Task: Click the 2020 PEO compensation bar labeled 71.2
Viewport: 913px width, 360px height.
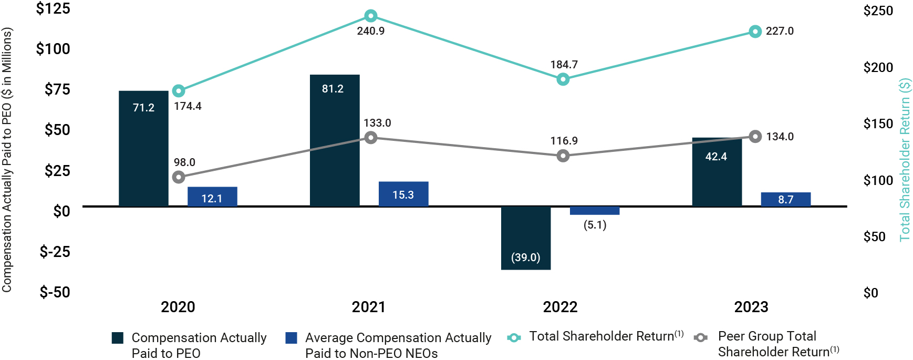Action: tap(143, 148)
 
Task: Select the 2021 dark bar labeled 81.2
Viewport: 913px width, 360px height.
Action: tap(335, 140)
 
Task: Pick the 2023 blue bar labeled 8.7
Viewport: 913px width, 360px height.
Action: tap(785, 199)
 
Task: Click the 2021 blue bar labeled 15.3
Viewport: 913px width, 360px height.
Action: tap(403, 194)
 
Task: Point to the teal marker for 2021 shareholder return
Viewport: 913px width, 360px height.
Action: tap(371, 16)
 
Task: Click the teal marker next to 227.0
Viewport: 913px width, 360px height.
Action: tap(755, 32)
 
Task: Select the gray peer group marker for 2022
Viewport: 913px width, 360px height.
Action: tap(563, 156)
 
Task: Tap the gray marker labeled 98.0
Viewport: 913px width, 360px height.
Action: tap(179, 177)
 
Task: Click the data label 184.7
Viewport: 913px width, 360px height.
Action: tap(564, 65)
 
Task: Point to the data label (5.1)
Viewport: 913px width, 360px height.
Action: tap(595, 225)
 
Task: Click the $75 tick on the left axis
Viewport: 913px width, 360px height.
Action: tap(57, 89)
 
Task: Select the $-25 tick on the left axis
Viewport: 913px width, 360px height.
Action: tap(55, 252)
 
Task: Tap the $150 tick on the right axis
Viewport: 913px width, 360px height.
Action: tap(878, 124)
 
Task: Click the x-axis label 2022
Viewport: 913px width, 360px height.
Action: tap(560, 307)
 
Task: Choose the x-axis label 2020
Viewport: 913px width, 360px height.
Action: tap(178, 307)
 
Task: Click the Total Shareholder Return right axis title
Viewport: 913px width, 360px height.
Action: tap(905, 160)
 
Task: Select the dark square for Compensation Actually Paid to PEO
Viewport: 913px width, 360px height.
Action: tap(118, 338)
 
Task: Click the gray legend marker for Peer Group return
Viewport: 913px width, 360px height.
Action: tap(700, 337)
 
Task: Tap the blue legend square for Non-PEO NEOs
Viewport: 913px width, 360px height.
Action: tap(291, 338)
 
